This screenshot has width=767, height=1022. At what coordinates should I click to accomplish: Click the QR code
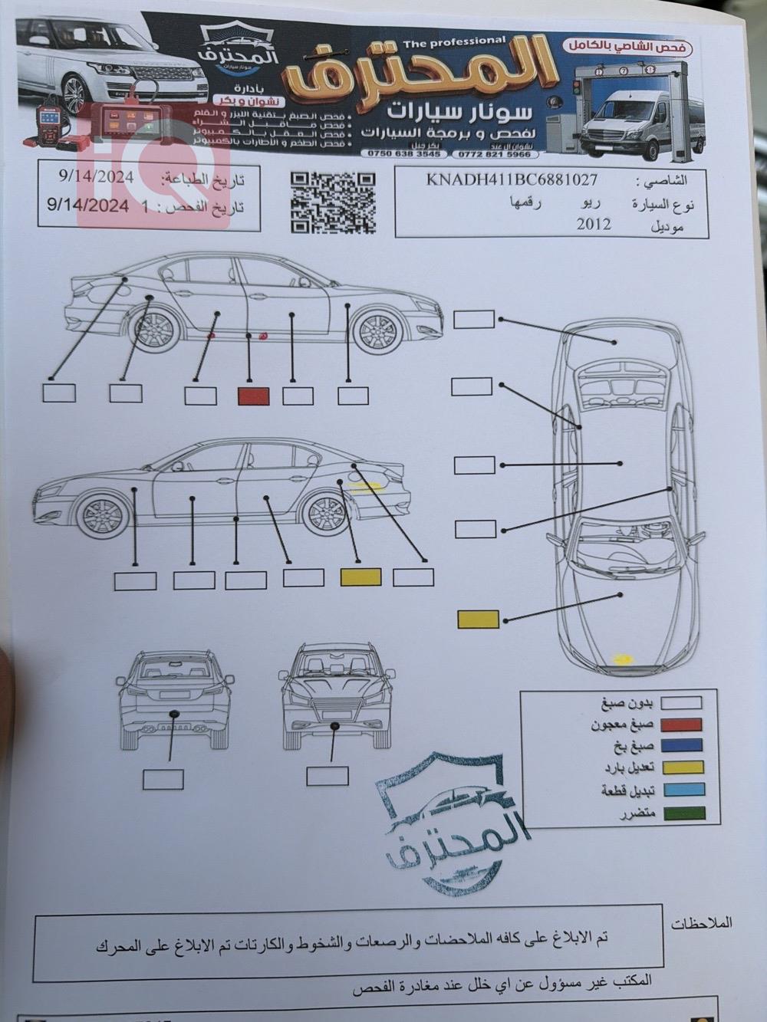[x=333, y=202]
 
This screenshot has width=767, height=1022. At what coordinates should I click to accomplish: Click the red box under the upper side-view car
[x=253, y=396]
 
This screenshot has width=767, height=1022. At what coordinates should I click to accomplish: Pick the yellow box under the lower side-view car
[x=360, y=577]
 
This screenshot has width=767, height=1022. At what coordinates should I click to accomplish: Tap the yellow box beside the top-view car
[x=478, y=619]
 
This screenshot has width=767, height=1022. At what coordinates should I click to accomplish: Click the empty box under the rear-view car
[x=163, y=780]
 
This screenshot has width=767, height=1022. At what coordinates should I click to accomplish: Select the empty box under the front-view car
[x=327, y=776]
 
